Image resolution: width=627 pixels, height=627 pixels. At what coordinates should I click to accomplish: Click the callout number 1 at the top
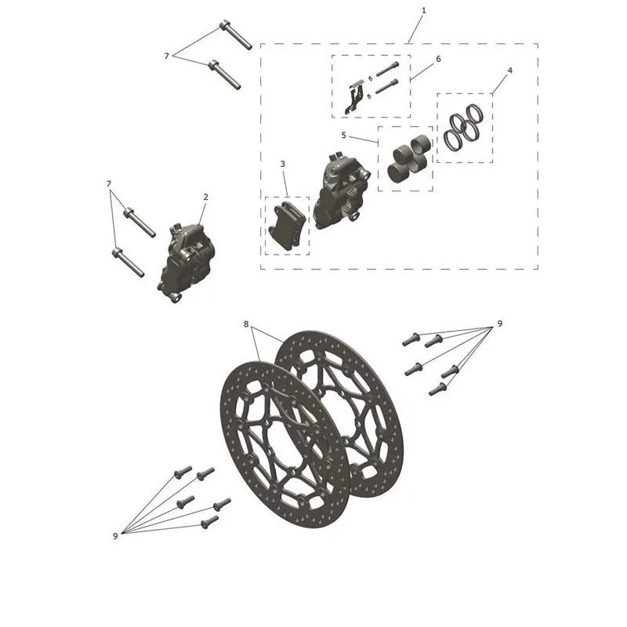point(423,10)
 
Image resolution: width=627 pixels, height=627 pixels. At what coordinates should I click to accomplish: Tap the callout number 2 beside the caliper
point(205,197)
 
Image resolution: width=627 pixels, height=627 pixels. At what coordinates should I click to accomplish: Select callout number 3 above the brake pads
point(283,164)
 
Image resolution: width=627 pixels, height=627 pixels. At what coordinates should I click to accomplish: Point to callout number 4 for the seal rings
point(509,71)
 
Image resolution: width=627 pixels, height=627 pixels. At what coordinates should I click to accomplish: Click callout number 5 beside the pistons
point(343,136)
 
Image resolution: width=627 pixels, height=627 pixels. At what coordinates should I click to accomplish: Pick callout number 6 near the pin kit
point(438,60)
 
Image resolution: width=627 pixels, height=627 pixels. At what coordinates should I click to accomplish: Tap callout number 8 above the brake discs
point(246,324)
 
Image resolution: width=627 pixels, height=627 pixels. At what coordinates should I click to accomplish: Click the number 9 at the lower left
point(115,536)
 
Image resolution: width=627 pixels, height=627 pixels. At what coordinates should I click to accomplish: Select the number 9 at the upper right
point(500,324)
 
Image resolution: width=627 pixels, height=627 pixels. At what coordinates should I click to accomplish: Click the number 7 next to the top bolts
point(166,56)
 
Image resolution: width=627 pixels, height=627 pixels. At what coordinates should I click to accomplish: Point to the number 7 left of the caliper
point(109,184)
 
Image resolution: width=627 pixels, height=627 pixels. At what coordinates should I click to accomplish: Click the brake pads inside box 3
point(288,225)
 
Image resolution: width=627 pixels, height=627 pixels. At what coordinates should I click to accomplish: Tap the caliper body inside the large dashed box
point(342,190)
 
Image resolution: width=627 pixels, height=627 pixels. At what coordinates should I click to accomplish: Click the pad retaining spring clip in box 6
point(354,97)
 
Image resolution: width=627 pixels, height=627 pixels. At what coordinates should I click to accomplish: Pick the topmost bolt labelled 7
point(236,34)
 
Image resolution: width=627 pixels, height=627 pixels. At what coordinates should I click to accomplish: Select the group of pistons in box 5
point(410,159)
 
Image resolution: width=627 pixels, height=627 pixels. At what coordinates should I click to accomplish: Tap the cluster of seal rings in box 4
point(463,128)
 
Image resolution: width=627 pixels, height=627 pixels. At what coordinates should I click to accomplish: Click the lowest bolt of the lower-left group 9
point(210,521)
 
